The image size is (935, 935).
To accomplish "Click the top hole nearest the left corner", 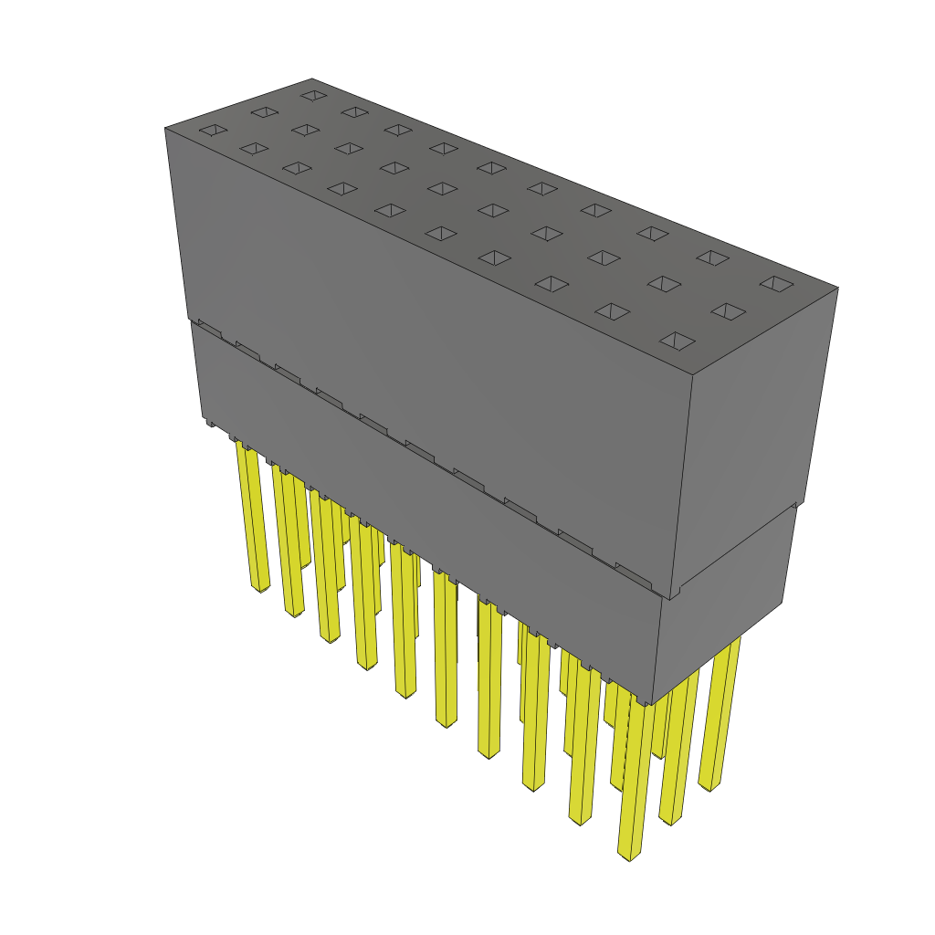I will point(212,131).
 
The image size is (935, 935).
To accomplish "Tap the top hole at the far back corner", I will point(313,95).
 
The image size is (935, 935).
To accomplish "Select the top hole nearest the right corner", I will point(777,284).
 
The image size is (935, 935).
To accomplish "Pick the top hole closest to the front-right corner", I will point(677,341).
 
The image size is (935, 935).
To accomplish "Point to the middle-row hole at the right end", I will point(728,312).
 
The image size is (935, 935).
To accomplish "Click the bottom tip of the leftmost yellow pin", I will point(262,587).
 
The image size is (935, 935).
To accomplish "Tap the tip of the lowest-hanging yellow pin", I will point(628,856).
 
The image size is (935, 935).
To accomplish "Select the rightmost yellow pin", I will point(720,712).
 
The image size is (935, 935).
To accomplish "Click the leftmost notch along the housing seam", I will point(209,326).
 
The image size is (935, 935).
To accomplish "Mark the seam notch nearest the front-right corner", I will point(630,570).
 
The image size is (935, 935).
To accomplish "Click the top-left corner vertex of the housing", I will point(165,128).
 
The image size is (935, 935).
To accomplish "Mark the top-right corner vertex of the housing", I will point(838,288).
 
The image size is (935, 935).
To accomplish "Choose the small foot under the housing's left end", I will point(210,423).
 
